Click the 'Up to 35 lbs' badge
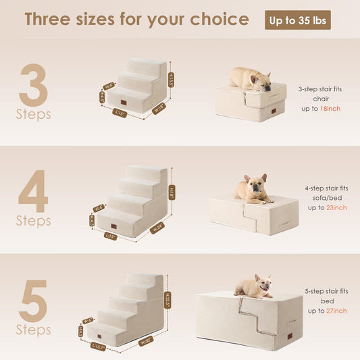point(297,20)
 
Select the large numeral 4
point(33,192)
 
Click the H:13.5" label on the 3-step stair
point(170,81)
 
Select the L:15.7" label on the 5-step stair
point(99,347)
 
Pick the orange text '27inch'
point(335,311)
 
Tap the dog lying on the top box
point(250,78)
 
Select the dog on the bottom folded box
point(253,286)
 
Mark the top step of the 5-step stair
point(145,278)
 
